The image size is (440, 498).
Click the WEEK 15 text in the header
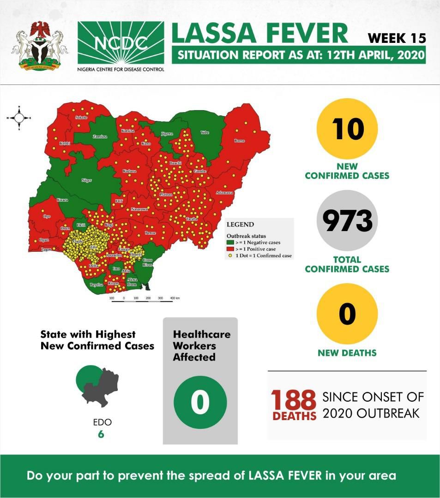click(x=397, y=38)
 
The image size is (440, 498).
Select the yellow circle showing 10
click(x=347, y=129)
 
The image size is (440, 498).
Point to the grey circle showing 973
click(x=347, y=221)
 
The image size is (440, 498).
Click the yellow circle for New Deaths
click(x=347, y=314)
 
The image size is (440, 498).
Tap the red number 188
click(x=293, y=399)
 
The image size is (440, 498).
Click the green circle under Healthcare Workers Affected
click(x=200, y=402)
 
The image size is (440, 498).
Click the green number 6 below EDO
click(x=101, y=434)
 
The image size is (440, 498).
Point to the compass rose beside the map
click(x=19, y=118)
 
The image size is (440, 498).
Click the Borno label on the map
click(x=239, y=140)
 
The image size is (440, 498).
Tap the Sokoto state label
click(x=81, y=118)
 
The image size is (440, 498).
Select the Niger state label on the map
click(x=86, y=180)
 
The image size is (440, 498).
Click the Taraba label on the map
click(x=192, y=219)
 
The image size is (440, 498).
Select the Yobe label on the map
click(x=205, y=133)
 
